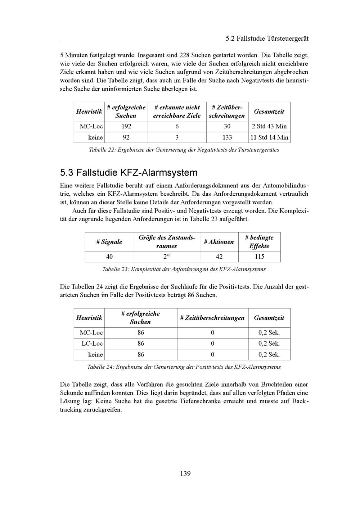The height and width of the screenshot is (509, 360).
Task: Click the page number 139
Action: (185, 473)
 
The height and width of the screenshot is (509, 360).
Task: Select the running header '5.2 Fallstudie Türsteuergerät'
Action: (267, 38)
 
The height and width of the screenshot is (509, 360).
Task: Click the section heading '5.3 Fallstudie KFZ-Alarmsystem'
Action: (129, 173)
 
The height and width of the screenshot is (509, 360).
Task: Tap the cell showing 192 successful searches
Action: (126, 126)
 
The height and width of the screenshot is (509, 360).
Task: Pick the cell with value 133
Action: (227, 137)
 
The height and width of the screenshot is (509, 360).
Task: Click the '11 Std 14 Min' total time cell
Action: (269, 137)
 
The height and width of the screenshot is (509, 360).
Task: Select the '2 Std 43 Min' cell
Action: (269, 126)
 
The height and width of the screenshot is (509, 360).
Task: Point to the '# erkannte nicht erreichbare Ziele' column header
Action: (177, 112)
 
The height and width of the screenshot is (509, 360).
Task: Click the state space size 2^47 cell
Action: (167, 256)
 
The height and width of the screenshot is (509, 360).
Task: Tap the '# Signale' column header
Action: (109, 242)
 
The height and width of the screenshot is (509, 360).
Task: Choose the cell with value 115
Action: (259, 256)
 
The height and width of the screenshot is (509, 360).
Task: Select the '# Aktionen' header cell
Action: (219, 242)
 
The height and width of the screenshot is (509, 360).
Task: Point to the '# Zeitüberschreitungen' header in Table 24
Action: (212, 318)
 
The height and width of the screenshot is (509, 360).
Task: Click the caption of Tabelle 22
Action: (184, 150)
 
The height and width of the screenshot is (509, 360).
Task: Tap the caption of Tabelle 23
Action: (184, 269)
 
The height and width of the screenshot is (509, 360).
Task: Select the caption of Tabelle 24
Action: (184, 367)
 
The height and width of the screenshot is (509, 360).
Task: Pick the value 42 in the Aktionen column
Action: (219, 256)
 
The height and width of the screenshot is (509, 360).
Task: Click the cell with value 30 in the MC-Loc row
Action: (227, 126)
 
